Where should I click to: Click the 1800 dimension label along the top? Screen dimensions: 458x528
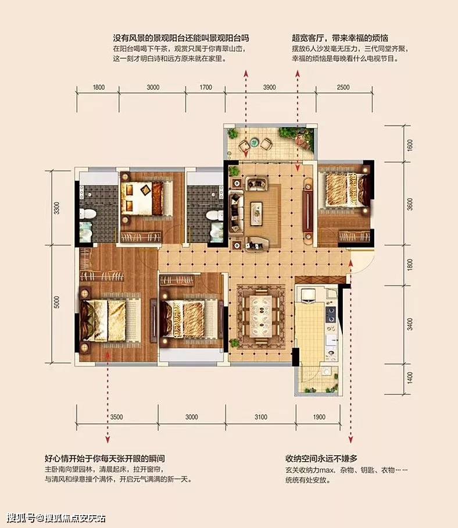99,87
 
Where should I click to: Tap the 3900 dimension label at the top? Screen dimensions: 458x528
269,87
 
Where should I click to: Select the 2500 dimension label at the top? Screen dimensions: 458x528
343,87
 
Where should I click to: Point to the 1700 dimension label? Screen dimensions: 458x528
206,87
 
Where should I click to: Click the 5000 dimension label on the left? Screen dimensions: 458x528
57,302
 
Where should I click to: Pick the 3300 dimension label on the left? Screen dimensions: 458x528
57,208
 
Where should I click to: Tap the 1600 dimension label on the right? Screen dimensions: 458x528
410,145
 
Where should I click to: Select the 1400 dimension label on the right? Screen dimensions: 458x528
410,378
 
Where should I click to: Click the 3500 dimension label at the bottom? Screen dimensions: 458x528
116,417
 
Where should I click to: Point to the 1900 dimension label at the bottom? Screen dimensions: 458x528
319,417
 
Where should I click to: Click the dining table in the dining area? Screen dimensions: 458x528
261,316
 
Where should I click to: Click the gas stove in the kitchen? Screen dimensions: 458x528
331,314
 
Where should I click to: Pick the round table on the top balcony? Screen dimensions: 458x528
254,142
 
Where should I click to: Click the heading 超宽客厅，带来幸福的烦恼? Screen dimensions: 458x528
340,38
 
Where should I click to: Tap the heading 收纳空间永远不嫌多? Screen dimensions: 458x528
321,458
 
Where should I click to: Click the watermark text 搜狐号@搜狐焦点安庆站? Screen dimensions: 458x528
56,518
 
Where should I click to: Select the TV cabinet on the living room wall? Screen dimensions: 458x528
307,209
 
